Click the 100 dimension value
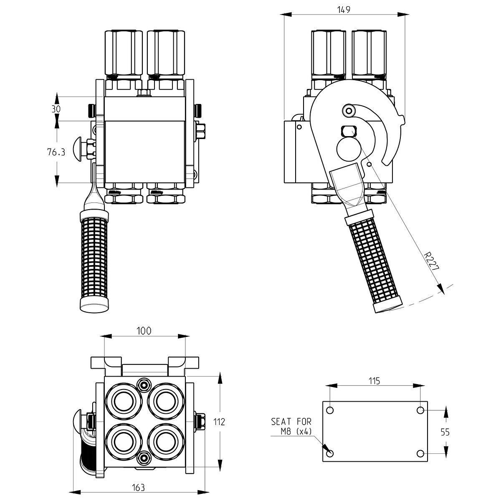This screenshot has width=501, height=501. (x=144, y=331)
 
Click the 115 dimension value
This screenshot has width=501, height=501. (x=374, y=380)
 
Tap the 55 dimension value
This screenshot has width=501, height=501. (x=445, y=432)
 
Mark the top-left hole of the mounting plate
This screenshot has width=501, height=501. (x=330, y=410)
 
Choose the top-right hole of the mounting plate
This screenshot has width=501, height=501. (x=420, y=410)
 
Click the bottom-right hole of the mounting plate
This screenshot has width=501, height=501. (x=420, y=454)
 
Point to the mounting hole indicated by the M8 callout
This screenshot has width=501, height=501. (x=330, y=454)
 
